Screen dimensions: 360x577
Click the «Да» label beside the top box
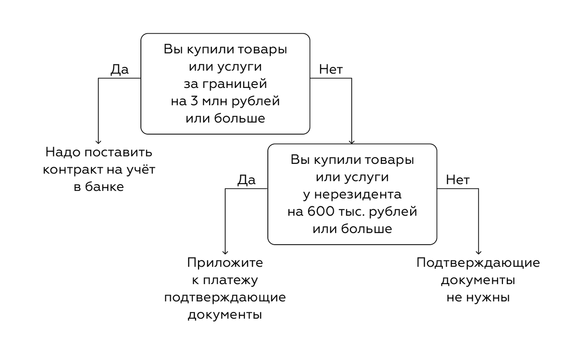tap(120, 70)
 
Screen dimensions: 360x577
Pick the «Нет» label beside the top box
tap(331, 70)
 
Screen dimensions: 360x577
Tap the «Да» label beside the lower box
tap(246, 180)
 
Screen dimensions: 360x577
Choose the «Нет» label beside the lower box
tap(458, 180)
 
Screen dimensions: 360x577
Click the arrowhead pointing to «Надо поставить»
tap(99, 141)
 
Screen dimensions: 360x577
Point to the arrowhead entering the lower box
tap(352, 141)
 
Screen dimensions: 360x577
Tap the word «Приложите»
tap(225, 263)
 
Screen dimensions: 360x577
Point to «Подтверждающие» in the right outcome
tap(478, 263)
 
